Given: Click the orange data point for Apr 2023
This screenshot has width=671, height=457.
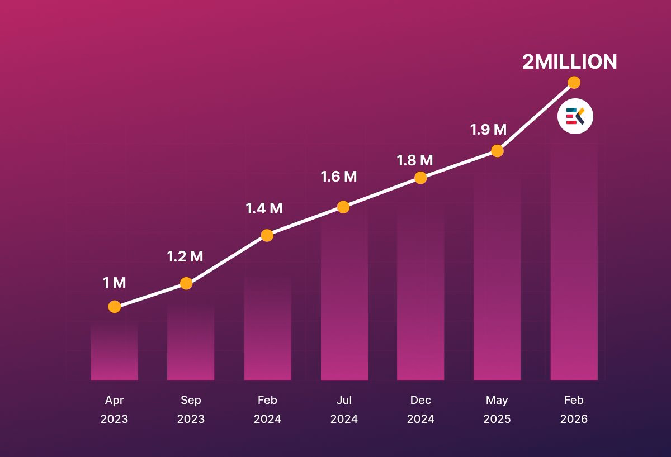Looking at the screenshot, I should pyautogui.click(x=114, y=306).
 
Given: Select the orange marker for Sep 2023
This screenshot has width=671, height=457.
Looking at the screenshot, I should pyautogui.click(x=186, y=283).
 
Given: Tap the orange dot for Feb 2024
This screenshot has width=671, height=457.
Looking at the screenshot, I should pyautogui.click(x=267, y=235).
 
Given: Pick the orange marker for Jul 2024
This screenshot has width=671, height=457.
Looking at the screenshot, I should pyautogui.click(x=343, y=207).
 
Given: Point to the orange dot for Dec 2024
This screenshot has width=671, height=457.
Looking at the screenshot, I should pyautogui.click(x=420, y=178).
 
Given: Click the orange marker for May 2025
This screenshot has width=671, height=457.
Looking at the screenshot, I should pyautogui.click(x=497, y=151).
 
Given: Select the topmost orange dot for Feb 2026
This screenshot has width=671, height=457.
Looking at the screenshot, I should pyautogui.click(x=574, y=83).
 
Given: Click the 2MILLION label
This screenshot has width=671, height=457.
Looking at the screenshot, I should pyautogui.click(x=569, y=61).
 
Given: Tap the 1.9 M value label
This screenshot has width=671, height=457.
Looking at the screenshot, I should pyautogui.click(x=488, y=130).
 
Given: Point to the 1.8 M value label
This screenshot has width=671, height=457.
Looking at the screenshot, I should pyautogui.click(x=414, y=160).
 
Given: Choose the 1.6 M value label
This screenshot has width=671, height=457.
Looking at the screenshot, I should pyautogui.click(x=338, y=177).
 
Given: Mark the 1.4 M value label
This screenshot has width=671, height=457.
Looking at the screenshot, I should pyautogui.click(x=264, y=208).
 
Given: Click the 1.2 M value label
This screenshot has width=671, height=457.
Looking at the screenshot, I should pyautogui.click(x=185, y=256).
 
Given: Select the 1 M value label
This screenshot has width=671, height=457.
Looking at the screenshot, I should pyautogui.click(x=114, y=283).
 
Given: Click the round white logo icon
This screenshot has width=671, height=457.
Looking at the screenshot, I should pyautogui.click(x=575, y=117).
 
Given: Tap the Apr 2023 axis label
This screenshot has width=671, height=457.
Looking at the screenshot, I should pyautogui.click(x=114, y=410).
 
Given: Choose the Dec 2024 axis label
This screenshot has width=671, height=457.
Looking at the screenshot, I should pyautogui.click(x=420, y=410).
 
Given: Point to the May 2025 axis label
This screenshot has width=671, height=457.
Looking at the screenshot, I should pyautogui.click(x=497, y=410).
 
